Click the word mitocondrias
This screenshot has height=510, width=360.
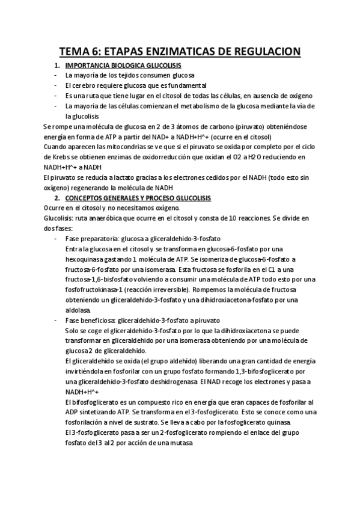pos(121,147)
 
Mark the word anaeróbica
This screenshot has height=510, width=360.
pos(112,218)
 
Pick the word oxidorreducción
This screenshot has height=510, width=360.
pos(154,157)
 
